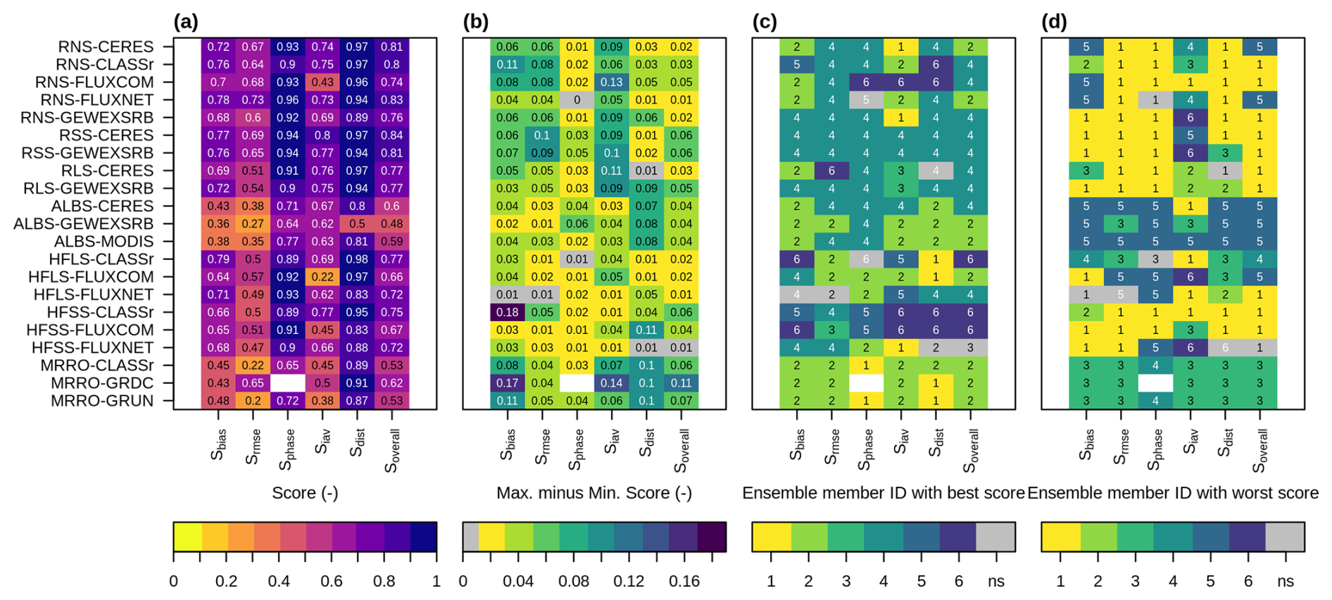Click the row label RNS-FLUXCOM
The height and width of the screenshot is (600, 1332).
click(94, 82)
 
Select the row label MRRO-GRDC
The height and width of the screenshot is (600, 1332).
click(102, 383)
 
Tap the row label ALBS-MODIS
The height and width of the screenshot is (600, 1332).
click(103, 242)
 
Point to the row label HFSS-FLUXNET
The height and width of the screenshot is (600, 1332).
click(92, 348)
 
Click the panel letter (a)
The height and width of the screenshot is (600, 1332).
click(186, 22)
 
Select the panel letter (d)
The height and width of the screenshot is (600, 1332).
click(1054, 22)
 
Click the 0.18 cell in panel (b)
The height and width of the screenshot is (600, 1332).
click(507, 312)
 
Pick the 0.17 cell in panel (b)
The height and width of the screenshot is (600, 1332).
click(507, 383)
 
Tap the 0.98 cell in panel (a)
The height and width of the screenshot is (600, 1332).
click(357, 259)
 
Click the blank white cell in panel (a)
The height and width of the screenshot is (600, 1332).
click(288, 383)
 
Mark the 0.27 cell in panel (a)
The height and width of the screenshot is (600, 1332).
click(253, 224)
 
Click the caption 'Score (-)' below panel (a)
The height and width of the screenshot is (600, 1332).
click(305, 493)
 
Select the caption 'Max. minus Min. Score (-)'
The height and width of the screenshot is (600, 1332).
click(594, 493)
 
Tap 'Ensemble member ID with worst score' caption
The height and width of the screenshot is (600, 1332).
click(1173, 493)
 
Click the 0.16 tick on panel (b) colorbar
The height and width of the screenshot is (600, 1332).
click(684, 582)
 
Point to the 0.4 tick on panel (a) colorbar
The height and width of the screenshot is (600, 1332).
click(279, 582)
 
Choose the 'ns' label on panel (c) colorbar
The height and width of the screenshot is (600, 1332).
click(996, 582)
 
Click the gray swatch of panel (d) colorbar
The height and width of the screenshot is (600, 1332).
click(1285, 537)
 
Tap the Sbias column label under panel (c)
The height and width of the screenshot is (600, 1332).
click(796, 445)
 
